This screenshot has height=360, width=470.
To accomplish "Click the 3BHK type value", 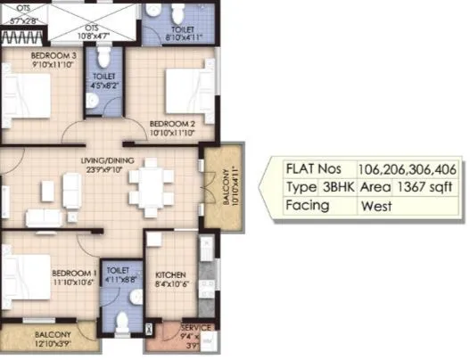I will tap(340, 187).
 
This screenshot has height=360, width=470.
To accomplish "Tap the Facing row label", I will tap(309, 205).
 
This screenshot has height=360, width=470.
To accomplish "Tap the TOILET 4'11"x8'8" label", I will tap(118, 274).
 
